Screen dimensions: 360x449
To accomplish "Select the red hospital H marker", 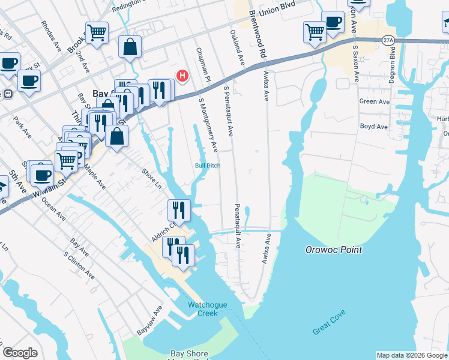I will coord(182,76).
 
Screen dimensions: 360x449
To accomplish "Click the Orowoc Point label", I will coord(333,250).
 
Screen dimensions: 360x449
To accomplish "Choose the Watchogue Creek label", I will coord(208,309).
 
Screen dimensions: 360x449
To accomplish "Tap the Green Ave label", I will coord(375,102).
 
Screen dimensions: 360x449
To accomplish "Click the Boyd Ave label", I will coord(374,127).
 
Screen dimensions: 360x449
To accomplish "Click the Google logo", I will coord(20,353).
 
